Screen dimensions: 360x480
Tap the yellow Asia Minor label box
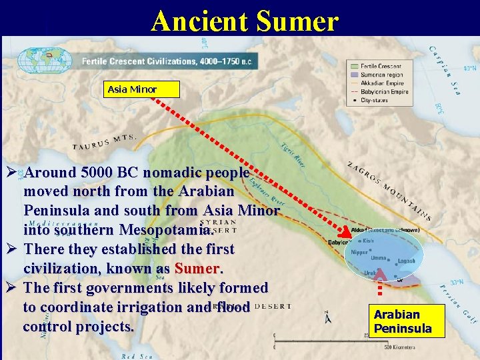[x=132, y=89]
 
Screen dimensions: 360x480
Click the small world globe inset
[x=45, y=61]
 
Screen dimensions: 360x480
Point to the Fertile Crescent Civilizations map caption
[x=167, y=61]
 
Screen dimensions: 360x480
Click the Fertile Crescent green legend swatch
[x=353, y=67]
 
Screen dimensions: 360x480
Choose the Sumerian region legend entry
[x=381, y=76]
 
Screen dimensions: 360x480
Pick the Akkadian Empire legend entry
[x=382, y=84]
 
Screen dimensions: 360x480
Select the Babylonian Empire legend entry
[x=385, y=92]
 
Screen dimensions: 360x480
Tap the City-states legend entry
[x=376, y=100]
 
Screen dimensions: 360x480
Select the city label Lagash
[x=406, y=261]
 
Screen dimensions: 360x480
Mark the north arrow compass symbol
[x=327, y=317]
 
